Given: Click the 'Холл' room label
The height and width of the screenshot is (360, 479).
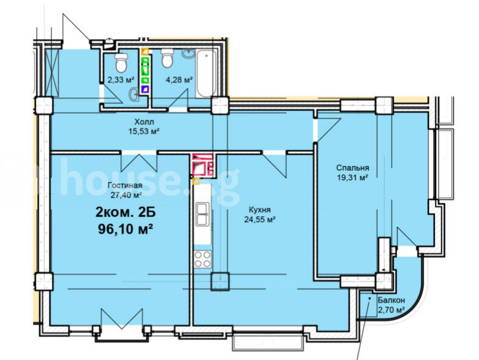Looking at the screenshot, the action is pyautogui.click(x=145, y=122).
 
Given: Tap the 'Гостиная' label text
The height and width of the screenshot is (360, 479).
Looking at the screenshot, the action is pyautogui.click(x=125, y=185).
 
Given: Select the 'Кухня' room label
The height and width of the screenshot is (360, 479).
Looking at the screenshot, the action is pyautogui.click(x=260, y=209).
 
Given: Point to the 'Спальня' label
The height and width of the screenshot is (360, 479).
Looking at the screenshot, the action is pyautogui.click(x=352, y=167).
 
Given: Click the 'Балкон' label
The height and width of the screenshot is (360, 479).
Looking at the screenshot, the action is pyautogui.click(x=391, y=300).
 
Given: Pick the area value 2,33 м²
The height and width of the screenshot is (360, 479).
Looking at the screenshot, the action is pyautogui.click(x=121, y=80).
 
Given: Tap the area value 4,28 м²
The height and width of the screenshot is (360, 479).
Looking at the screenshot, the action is pyautogui.click(x=179, y=80).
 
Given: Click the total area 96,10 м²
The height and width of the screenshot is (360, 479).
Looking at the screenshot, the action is pyautogui.click(x=125, y=228).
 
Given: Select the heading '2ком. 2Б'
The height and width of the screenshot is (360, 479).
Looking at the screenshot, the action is pyautogui.click(x=125, y=213).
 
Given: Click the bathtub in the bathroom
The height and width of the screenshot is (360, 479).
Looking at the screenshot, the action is pyautogui.click(x=205, y=73).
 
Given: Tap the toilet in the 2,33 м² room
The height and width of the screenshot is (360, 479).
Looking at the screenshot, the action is pyautogui.click(x=121, y=61).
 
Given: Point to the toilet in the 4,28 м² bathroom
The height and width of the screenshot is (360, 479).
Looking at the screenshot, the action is pyautogui.click(x=167, y=58).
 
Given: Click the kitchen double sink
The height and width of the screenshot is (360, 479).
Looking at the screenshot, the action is pyautogui.click(x=202, y=214).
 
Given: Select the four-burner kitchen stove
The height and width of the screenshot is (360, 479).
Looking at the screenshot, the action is pyautogui.click(x=202, y=259).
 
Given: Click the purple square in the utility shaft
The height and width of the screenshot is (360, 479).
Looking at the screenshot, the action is pyautogui.click(x=145, y=90).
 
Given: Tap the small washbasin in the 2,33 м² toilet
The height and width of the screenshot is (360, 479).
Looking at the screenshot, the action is pyautogui.click(x=134, y=94).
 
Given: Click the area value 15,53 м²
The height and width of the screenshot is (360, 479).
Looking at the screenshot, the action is pyautogui.click(x=145, y=131).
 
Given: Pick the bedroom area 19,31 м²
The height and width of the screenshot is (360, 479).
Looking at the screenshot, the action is pyautogui.click(x=352, y=178).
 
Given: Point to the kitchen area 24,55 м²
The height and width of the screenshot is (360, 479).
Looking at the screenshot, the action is pyautogui.click(x=260, y=219).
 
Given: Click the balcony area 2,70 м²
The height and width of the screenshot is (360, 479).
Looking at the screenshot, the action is pyautogui.click(x=391, y=310).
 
